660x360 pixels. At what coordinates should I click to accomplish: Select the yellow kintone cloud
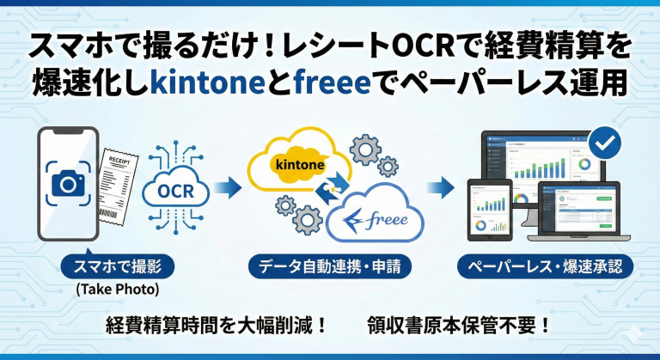pyautogui.click(x=296, y=163)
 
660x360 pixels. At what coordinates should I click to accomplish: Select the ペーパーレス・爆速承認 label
pyautogui.click(x=546, y=265)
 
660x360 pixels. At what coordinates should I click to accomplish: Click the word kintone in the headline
pyautogui.click(x=196, y=83)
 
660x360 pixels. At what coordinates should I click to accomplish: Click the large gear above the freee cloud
pyautogui.click(x=366, y=150)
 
